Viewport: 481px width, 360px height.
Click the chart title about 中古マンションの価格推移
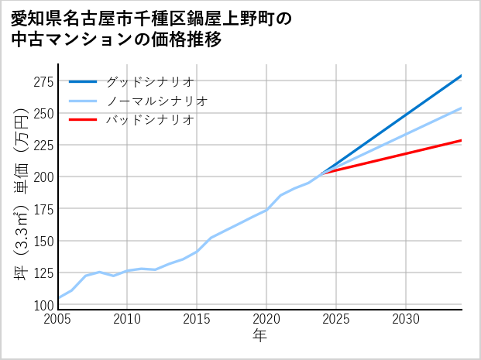(x=151, y=29)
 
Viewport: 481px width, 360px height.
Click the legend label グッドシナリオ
(x=149, y=81)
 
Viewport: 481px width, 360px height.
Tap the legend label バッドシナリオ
(x=149, y=120)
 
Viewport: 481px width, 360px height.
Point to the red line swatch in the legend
(x=83, y=120)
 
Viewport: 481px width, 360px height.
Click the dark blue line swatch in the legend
(x=83, y=81)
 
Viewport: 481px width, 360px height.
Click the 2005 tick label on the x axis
(x=58, y=319)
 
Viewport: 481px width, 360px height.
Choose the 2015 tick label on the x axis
(x=197, y=319)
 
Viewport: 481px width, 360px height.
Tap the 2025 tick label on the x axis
(x=336, y=319)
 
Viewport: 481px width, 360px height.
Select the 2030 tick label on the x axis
(x=406, y=319)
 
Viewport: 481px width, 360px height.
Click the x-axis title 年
(x=260, y=336)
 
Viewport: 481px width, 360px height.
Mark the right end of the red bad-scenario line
(x=462, y=140)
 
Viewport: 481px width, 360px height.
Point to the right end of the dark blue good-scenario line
(x=462, y=75)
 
